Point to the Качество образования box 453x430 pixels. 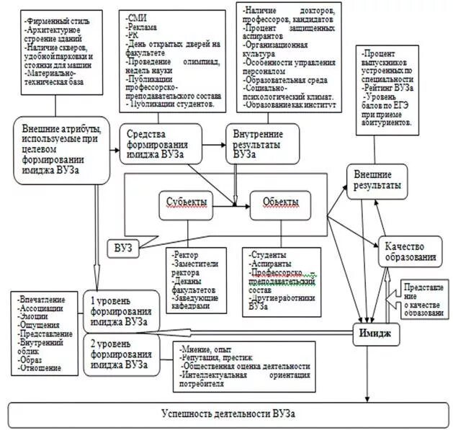409,251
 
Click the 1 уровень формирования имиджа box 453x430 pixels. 121,310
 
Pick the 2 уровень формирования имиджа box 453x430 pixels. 121,354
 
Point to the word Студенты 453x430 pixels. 270,256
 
